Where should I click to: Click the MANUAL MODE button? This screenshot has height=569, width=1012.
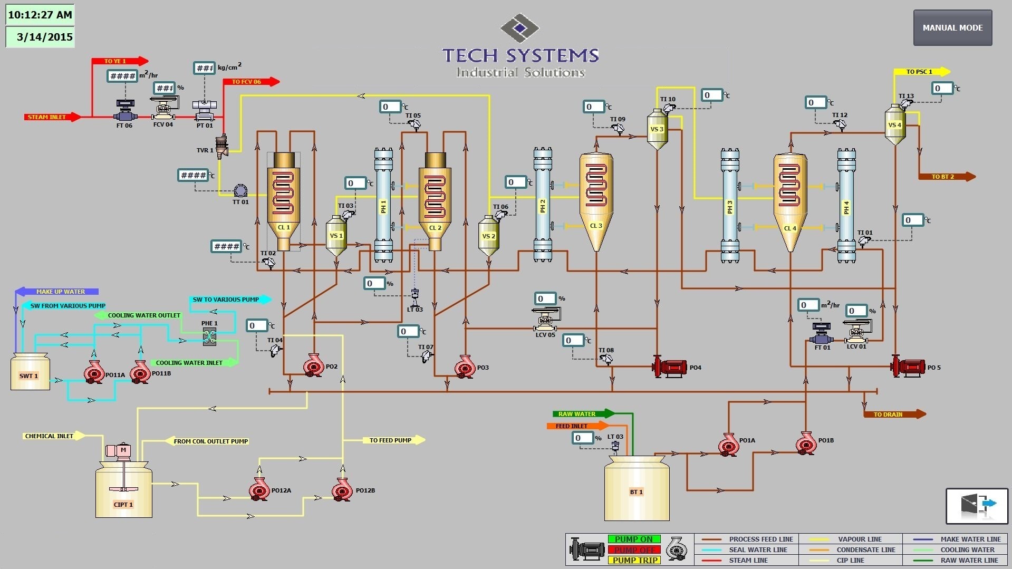tap(952, 28)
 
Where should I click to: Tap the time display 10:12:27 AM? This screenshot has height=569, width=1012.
tap(40, 15)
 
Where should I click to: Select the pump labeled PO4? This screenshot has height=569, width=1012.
tap(670, 367)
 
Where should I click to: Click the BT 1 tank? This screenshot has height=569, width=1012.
tap(637, 490)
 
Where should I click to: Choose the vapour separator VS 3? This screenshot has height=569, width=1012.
tap(657, 129)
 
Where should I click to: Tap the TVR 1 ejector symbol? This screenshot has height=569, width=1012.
tap(222, 146)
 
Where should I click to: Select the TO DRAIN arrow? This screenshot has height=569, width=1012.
tap(894, 414)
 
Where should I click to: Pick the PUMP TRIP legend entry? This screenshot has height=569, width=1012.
tap(634, 560)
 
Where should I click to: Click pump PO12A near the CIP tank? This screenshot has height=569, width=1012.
tap(259, 489)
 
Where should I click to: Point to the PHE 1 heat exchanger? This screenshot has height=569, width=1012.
tap(209, 336)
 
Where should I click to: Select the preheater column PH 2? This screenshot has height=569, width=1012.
tap(543, 205)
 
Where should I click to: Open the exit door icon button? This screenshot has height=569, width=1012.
tap(977, 506)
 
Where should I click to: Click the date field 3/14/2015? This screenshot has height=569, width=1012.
tap(40, 37)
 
